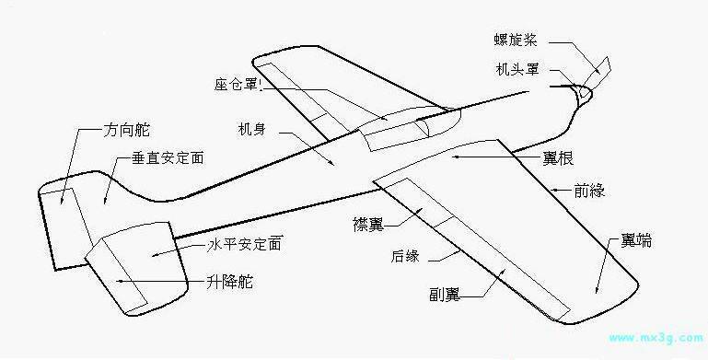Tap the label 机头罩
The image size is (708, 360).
point(516,70)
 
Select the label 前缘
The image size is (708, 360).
point(589,191)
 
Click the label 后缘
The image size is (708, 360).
point(405,256)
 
